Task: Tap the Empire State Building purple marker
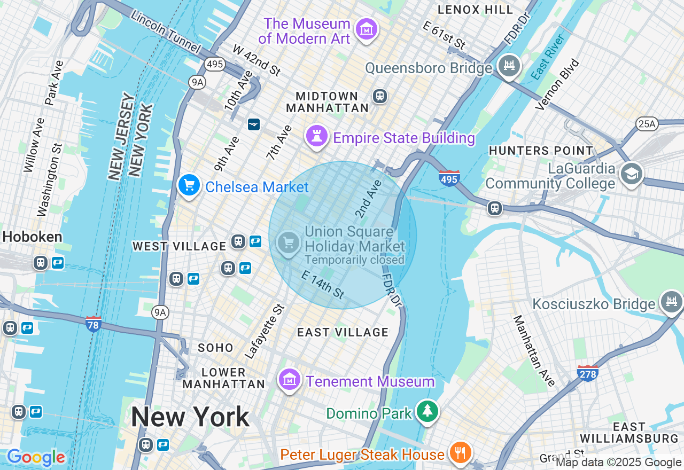[x=316, y=136]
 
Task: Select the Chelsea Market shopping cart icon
[x=189, y=185]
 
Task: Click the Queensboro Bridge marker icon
[x=509, y=66]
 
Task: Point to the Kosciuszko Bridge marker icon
[x=671, y=302]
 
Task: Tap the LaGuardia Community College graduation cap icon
[x=632, y=174]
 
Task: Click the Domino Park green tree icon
[x=428, y=411]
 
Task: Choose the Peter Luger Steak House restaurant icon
[x=459, y=453]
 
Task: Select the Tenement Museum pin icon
[x=290, y=380]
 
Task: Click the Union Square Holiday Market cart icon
[x=289, y=243]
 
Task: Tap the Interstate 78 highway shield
[x=94, y=324]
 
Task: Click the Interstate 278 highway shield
[x=587, y=373]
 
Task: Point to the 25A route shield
[x=647, y=124]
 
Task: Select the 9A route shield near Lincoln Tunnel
[x=197, y=82]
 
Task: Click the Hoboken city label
[x=32, y=237]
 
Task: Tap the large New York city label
[x=190, y=417]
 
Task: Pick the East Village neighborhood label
[x=343, y=332]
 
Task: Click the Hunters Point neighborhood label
[x=541, y=151]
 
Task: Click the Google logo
[x=36, y=458]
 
